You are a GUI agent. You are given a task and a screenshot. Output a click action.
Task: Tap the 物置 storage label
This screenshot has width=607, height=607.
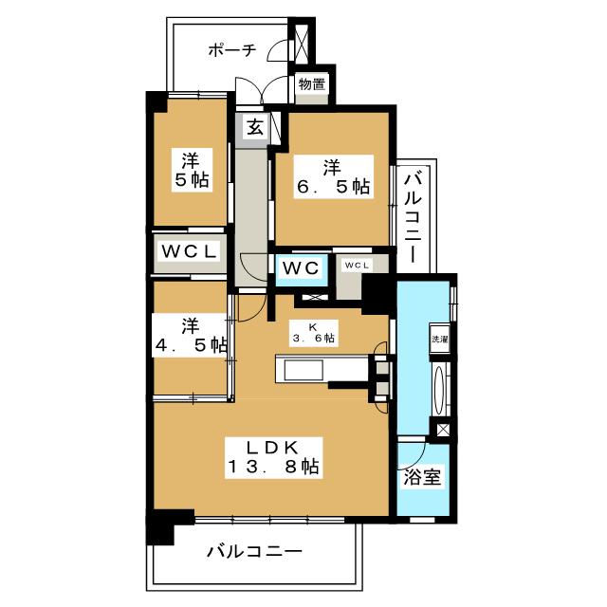[x=312, y=85]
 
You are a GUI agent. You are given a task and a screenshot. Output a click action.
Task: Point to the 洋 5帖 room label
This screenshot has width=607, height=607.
[x=191, y=170]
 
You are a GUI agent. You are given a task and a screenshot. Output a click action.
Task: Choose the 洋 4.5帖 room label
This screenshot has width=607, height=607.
[x=191, y=334]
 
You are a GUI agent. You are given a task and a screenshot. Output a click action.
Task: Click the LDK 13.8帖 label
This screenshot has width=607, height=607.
[x=272, y=456]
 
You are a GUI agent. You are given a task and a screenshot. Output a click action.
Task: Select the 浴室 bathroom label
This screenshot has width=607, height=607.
[x=422, y=477]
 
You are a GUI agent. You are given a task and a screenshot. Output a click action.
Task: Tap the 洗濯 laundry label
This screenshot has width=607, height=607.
[x=440, y=339]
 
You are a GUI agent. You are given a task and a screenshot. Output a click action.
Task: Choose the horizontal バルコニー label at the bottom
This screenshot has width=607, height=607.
[x=252, y=550]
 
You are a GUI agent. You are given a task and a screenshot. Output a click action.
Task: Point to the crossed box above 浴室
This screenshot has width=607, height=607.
[x=443, y=430]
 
